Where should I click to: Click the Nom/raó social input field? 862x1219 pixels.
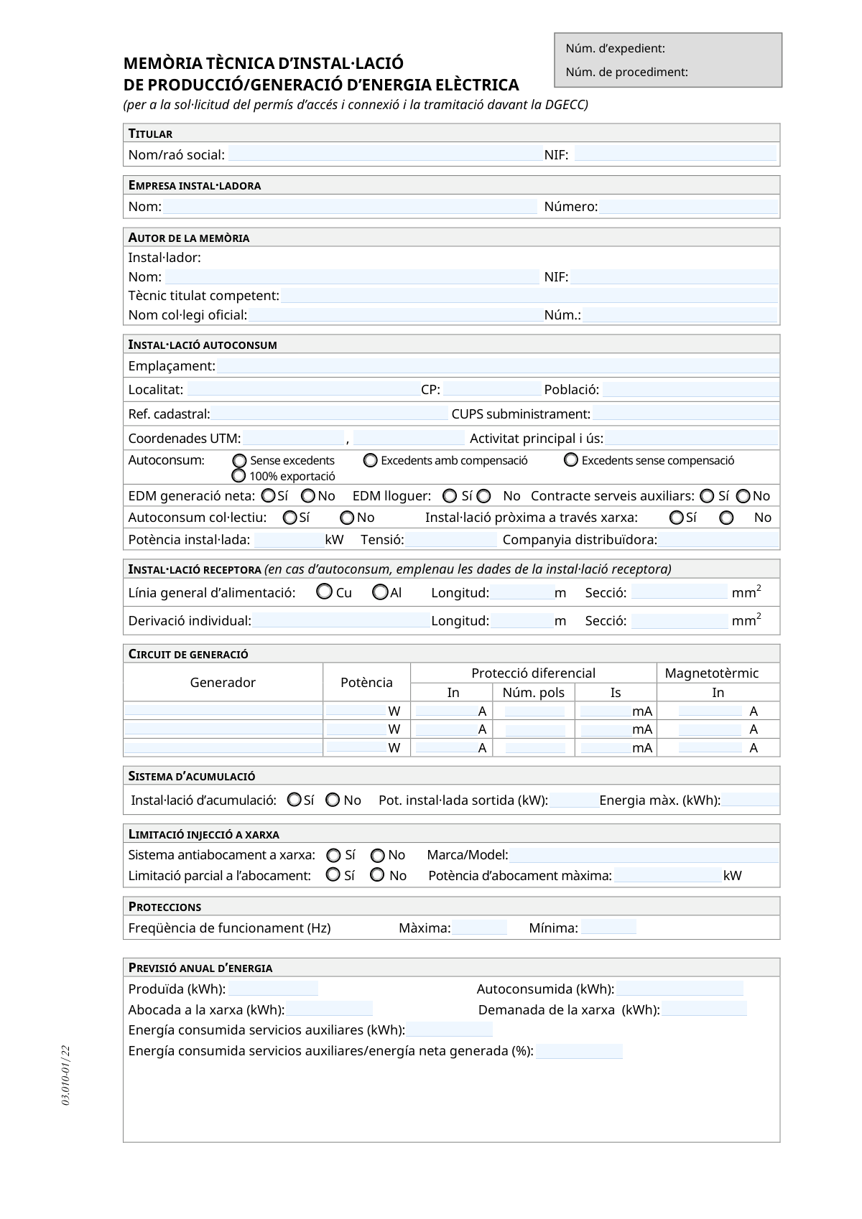384,154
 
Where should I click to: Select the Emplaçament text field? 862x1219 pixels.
497,366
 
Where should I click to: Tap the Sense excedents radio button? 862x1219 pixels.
240,461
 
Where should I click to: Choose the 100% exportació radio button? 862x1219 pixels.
239,476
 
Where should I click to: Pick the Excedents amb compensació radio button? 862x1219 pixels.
371,460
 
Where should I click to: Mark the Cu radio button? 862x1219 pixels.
325,592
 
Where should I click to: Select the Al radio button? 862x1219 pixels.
381,592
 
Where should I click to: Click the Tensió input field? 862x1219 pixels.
451,540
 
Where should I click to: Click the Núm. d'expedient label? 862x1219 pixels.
615,49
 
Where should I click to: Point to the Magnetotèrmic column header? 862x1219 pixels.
711,673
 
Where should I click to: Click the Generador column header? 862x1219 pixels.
223,682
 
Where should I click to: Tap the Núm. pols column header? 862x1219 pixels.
533,693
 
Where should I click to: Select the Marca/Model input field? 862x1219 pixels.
644,855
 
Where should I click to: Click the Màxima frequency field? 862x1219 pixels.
479,928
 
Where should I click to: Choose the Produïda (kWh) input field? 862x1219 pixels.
273,989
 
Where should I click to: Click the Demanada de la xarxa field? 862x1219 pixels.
704,1009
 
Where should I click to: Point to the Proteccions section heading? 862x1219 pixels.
164,907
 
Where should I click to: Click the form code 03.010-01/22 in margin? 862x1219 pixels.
66,1075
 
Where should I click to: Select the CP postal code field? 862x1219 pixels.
492,390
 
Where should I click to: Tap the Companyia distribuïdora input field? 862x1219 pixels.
718,540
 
